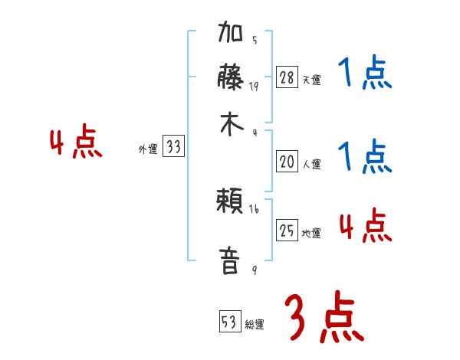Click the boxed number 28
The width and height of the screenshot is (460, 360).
tap(287, 77)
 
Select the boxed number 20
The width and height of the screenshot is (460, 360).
tap(287, 162)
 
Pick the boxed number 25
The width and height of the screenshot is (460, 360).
tap(287, 231)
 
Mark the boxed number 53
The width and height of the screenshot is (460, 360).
tap(228, 322)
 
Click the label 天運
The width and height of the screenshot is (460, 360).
tap(311, 80)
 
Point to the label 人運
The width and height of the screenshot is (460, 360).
tap(311, 164)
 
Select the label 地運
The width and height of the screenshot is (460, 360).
tap(311, 233)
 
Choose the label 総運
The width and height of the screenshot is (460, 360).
tap(254, 324)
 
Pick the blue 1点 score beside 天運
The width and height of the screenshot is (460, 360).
tap(364, 75)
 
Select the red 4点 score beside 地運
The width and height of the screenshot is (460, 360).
tap(365, 226)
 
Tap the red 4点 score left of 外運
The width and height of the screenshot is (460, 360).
tap(75, 143)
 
